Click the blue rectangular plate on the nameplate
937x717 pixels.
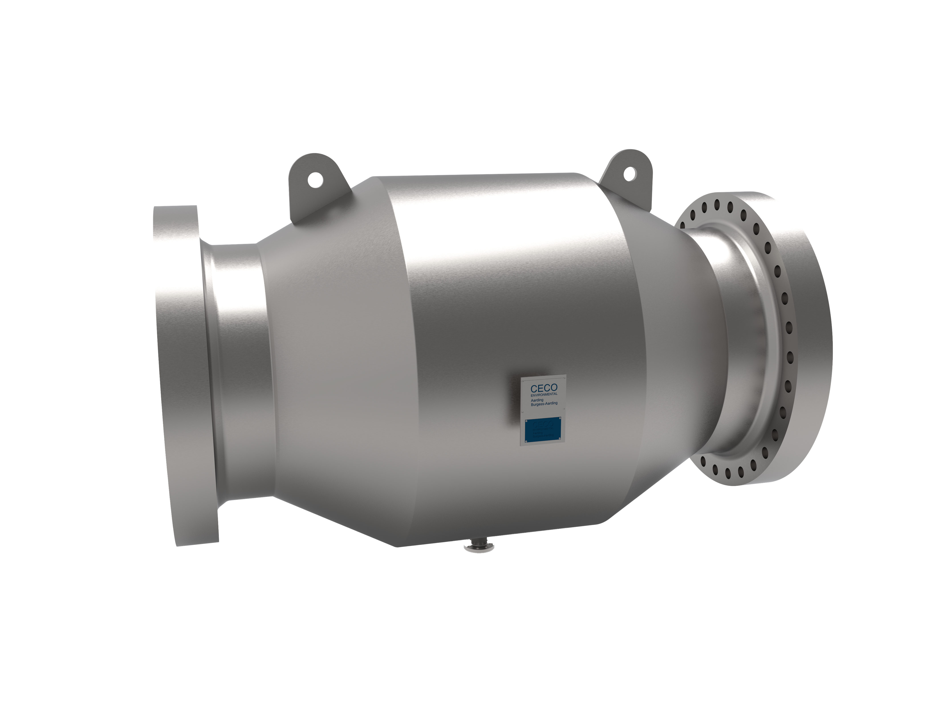[543, 428]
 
